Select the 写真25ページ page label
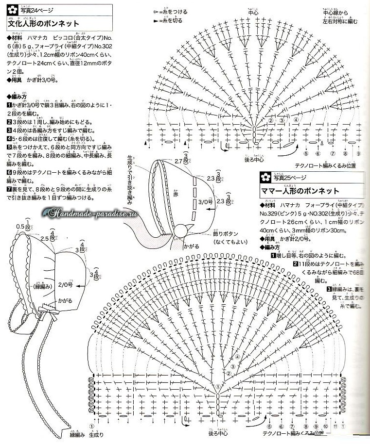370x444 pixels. [290, 179]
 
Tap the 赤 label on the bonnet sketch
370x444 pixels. [176, 193]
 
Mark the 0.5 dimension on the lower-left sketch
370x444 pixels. [20, 227]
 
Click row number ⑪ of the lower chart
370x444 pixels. [334, 426]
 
